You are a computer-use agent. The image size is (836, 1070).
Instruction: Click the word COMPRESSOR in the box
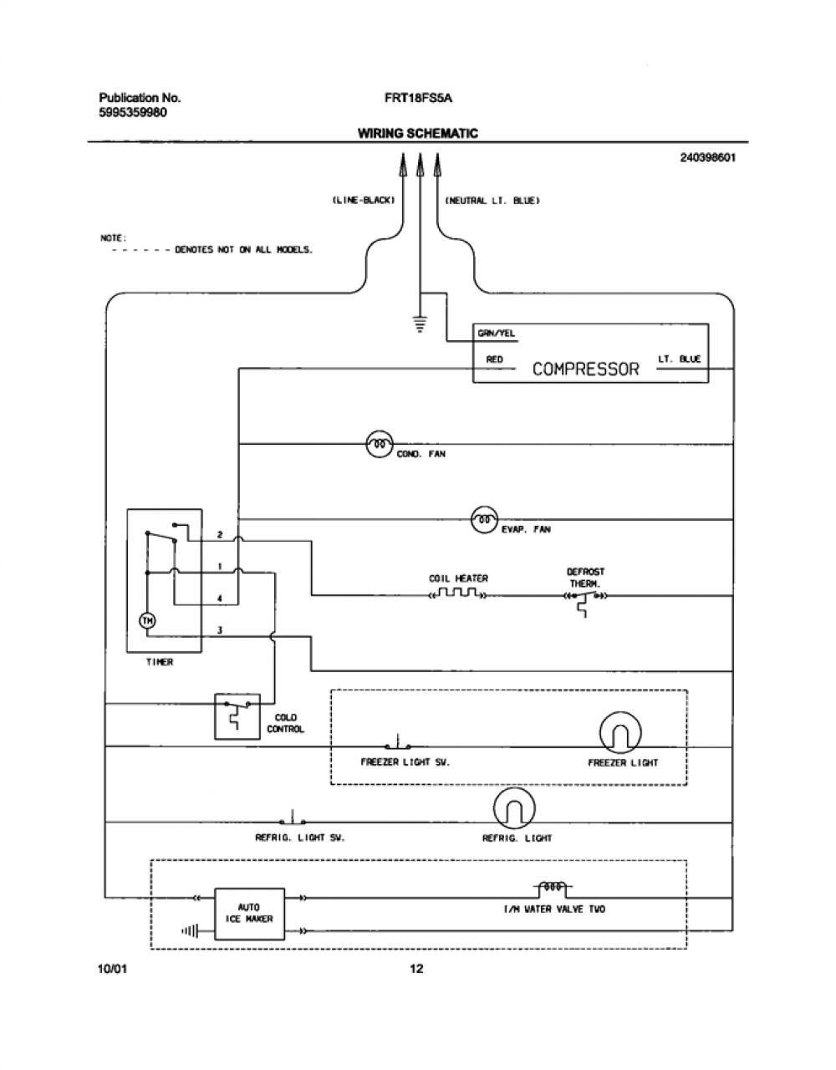[x=585, y=369]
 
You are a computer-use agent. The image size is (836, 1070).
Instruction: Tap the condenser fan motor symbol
[x=380, y=444]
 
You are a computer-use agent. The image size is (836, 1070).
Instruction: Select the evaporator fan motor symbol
[x=485, y=519]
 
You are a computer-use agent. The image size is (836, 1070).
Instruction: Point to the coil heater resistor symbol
[x=458, y=593]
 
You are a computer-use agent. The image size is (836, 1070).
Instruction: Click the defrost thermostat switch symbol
[x=585, y=602]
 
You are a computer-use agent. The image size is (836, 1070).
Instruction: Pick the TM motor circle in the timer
[x=147, y=621]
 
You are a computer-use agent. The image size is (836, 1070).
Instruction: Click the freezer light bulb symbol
[x=620, y=732]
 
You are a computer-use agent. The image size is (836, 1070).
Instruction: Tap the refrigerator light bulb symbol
[x=514, y=808]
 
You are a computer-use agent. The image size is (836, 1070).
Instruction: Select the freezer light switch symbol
[x=398, y=742]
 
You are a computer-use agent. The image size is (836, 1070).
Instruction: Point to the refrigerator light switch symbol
[x=293, y=818]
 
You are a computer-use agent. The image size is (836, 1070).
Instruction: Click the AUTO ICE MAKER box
[x=250, y=914]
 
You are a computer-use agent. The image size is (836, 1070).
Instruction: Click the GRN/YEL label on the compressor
[x=497, y=334]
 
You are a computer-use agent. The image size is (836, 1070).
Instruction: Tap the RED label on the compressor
[x=495, y=359]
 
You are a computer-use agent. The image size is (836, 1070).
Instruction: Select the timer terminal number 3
[x=220, y=630]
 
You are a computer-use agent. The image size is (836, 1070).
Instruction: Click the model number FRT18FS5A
[x=419, y=98]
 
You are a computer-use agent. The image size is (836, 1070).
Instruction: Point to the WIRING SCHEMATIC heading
[x=418, y=134]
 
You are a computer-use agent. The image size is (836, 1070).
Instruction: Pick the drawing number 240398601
[x=708, y=157]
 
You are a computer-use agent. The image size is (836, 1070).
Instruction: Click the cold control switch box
[x=237, y=716]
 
